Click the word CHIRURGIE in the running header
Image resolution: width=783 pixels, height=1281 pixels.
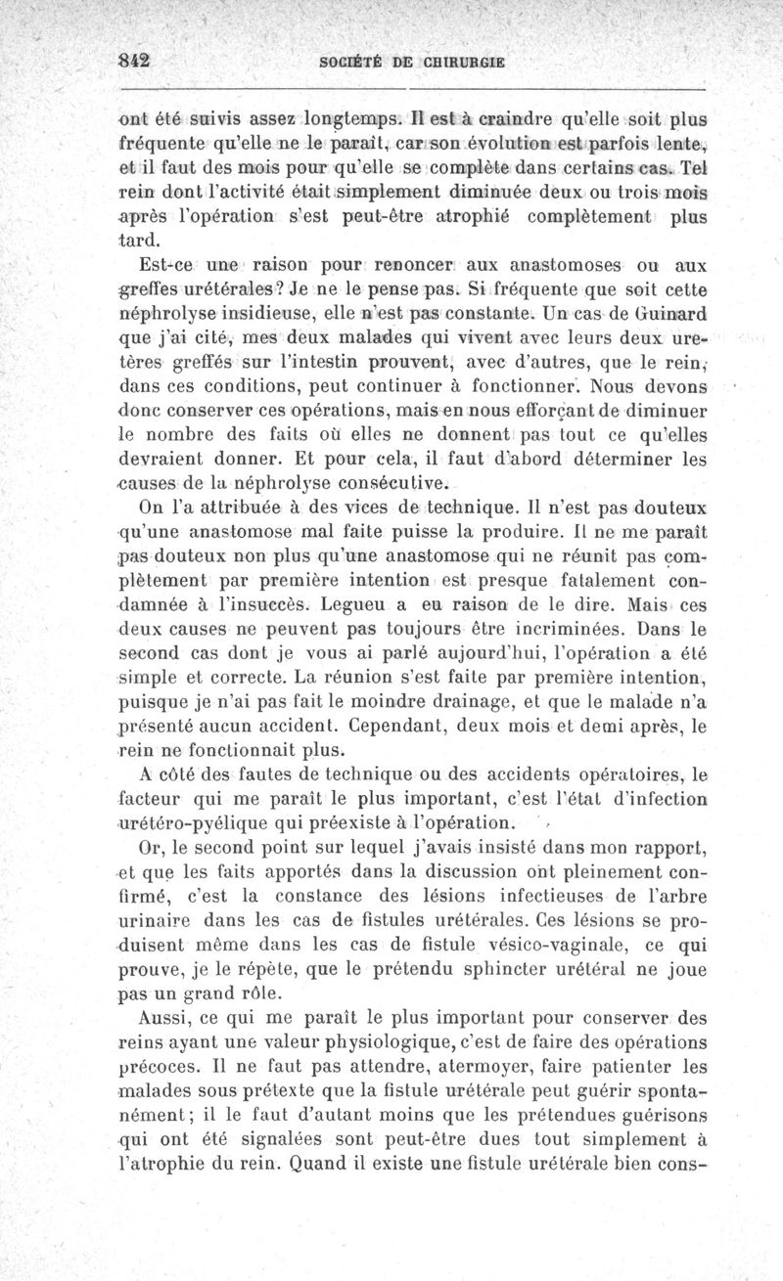pyautogui.click(x=464, y=61)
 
